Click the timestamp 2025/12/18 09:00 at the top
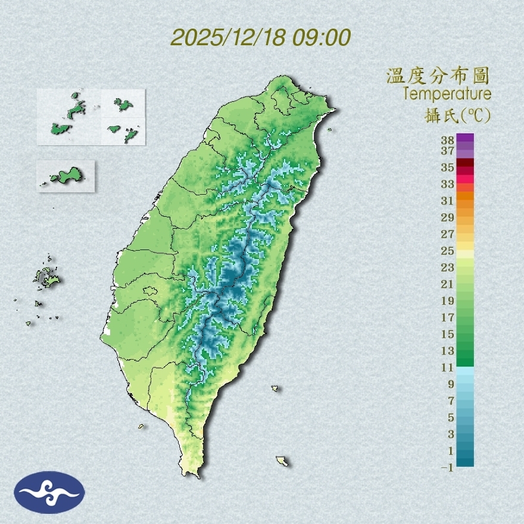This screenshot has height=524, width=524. point(260,38)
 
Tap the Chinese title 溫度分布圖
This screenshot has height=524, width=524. point(438,77)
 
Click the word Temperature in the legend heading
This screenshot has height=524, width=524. point(447,94)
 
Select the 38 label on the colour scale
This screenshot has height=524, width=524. point(448,141)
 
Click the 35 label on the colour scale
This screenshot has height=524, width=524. point(448,167)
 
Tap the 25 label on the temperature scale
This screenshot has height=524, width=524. point(448,251)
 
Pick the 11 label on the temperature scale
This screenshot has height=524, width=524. point(448,367)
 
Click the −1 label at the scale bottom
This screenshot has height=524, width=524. point(447,467)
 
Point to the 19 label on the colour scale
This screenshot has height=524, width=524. point(448,301)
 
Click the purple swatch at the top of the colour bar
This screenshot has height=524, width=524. point(465,138)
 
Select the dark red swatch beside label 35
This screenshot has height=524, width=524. point(465,163)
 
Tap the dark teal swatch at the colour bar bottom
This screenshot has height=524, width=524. point(465,461)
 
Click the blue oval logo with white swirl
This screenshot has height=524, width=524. point(49,492)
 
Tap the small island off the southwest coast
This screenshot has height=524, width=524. point(142,426)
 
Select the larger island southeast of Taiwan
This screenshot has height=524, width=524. point(282,461)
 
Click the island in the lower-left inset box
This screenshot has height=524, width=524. point(66,176)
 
